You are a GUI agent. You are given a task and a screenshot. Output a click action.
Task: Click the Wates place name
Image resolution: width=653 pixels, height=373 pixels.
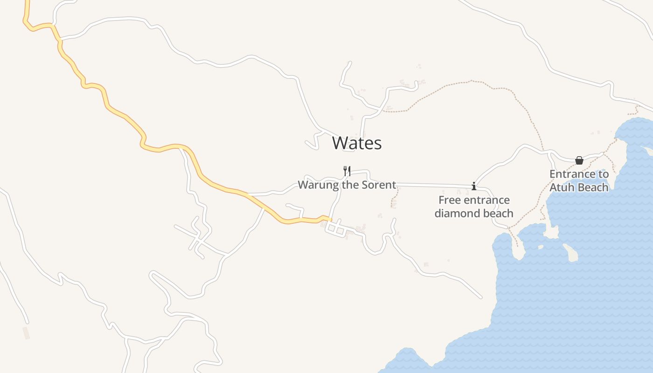(357, 143)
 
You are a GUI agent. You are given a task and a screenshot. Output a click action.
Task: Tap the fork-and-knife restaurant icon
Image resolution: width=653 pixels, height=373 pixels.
(347, 171)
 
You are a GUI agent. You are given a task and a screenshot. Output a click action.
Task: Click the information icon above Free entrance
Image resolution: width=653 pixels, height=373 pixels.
(474, 186)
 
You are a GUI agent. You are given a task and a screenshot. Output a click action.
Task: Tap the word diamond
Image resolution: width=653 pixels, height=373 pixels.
(454, 214)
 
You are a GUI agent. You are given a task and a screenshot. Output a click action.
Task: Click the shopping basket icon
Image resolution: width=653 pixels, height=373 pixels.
(579, 160)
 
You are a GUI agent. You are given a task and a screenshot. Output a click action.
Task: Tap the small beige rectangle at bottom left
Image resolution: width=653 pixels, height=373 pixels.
(26, 332)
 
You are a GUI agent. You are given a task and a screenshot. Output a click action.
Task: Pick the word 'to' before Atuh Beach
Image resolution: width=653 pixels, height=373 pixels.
(604, 174)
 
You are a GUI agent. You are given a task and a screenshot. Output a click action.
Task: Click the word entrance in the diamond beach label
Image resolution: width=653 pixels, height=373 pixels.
(487, 200)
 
